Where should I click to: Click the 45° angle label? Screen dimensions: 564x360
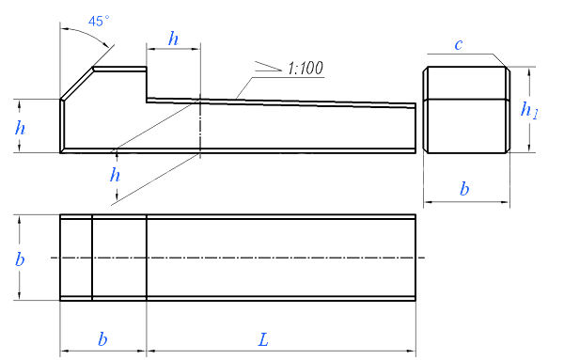pyautogui.click(x=99, y=21)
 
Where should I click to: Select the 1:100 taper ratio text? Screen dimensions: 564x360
pyautogui.click(x=305, y=68)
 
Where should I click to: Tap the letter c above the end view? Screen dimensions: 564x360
pyautogui.click(x=459, y=44)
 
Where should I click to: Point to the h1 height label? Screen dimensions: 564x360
pyautogui.click(x=529, y=110)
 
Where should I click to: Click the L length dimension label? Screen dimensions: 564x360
pyautogui.click(x=263, y=339)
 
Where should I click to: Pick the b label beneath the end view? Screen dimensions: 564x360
pyautogui.click(x=464, y=188)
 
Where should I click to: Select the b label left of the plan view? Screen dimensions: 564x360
pyautogui.click(x=20, y=258)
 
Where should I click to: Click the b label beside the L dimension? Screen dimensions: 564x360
pyautogui.click(x=102, y=338)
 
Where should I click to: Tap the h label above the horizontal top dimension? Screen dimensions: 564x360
pyautogui.click(x=173, y=39)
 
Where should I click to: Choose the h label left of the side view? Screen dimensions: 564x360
pyautogui.click(x=20, y=128)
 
